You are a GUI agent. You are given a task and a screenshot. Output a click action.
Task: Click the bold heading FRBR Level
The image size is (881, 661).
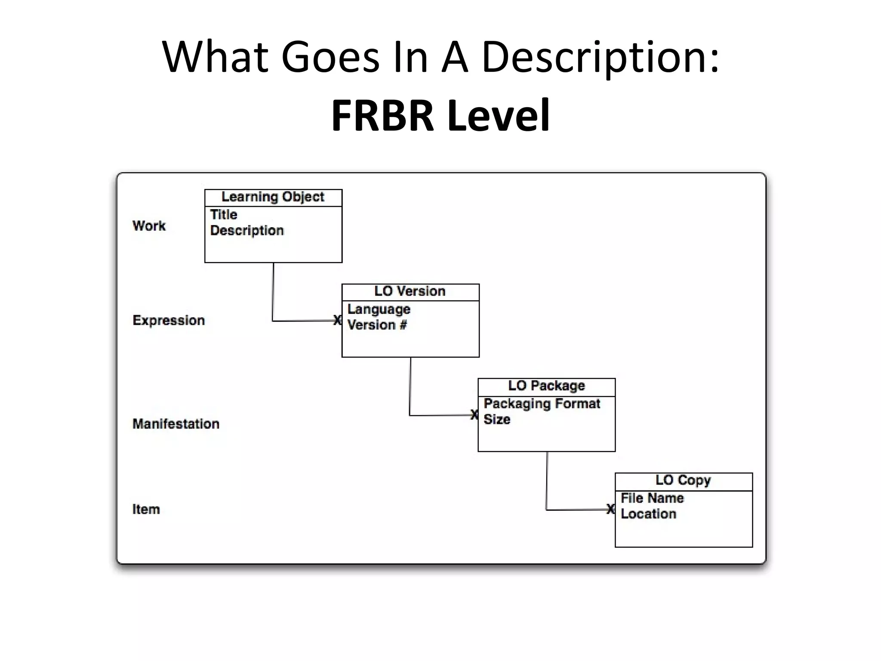coord(440,115)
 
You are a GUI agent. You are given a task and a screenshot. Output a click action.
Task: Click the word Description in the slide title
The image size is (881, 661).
coord(600,57)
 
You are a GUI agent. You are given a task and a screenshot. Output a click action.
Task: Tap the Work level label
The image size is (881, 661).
coord(149,225)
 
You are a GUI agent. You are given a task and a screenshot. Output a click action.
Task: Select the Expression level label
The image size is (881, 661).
coord(169,320)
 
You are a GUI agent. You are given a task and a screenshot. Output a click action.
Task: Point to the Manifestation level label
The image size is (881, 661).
coord(176,424)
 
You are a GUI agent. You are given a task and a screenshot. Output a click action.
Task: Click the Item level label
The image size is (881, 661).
coord(146,509)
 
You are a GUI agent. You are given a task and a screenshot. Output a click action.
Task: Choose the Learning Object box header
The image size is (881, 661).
coord(273,197)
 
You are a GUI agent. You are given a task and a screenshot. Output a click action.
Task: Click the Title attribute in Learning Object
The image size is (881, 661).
coord(224,214)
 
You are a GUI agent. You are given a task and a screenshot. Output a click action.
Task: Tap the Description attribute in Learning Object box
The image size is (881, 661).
coord(247,230)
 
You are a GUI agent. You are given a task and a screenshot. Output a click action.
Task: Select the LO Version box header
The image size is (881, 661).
coord(410,291)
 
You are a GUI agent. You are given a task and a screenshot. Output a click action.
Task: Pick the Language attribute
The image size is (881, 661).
coord(379,309)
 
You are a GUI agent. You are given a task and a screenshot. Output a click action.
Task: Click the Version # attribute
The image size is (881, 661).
coord(377,325)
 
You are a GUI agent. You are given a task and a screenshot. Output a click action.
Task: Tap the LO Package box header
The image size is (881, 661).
coord(546,386)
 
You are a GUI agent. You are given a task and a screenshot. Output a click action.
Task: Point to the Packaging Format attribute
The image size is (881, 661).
coord(542,404)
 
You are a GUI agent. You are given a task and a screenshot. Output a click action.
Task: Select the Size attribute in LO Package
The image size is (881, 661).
coord(497,419)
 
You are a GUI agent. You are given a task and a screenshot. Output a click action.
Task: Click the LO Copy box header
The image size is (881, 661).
coord(683,480)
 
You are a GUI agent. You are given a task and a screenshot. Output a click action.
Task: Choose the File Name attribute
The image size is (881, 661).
coord(652,498)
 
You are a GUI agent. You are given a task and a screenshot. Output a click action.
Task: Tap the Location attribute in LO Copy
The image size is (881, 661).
coord(648,514)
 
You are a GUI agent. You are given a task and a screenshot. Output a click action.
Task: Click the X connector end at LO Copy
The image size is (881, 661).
coord(610,509)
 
